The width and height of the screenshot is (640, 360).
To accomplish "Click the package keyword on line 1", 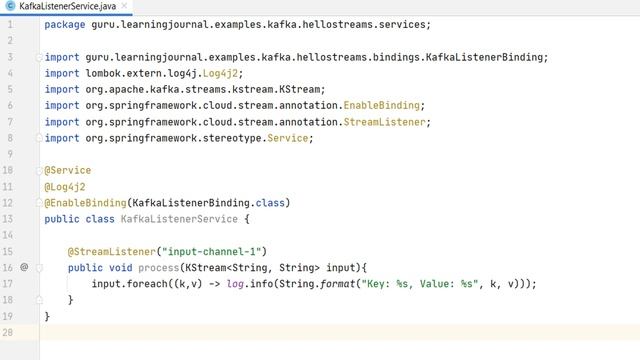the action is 64,24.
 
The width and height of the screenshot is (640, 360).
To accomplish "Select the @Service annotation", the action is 68,170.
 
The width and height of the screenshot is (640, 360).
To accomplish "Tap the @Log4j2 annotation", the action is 66,186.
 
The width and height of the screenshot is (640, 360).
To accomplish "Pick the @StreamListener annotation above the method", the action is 110,251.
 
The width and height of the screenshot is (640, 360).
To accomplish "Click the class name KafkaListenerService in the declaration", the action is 179,219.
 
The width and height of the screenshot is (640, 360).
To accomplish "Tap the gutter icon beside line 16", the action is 24,267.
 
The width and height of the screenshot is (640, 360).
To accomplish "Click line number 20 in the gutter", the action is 8,332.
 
